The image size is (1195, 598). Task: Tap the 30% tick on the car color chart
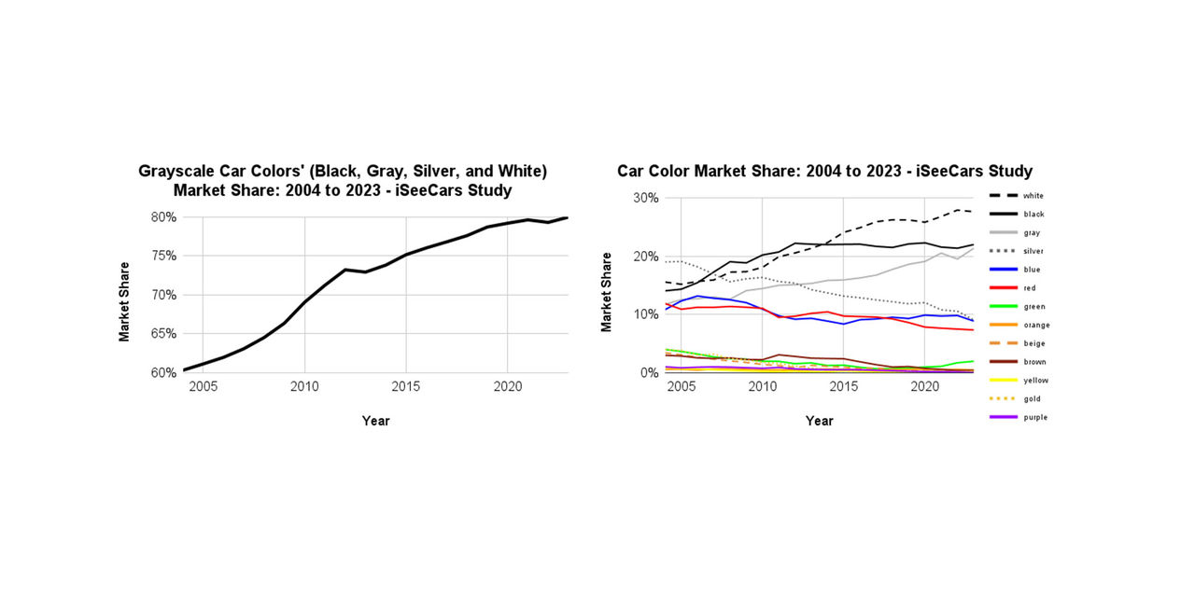pos(645,198)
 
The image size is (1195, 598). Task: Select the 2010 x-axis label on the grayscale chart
pos(303,385)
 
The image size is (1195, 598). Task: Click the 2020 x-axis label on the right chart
pos(924,385)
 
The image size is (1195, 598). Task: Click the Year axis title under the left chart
pos(375,421)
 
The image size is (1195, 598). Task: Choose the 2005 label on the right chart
pos(681,385)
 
